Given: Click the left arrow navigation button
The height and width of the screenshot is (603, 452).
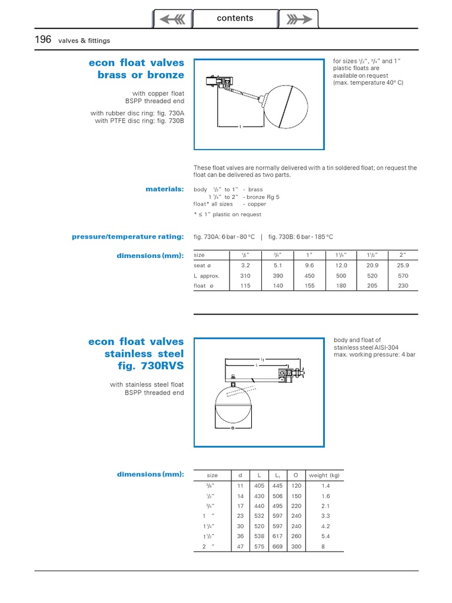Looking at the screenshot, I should coord(172,19).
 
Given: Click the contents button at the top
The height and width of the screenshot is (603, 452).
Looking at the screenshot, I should coord(235,18).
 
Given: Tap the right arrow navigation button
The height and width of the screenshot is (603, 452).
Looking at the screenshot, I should coord(298,19).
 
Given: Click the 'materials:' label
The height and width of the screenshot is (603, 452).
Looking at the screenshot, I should coord(165,189).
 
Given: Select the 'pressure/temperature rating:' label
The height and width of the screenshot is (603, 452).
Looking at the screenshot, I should coord(128,237).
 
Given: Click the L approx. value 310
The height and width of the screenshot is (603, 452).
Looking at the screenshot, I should coord(245,276).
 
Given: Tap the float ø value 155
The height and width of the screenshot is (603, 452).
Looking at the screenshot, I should coord(310,286).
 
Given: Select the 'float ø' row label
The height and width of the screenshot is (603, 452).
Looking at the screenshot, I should coord(200,286).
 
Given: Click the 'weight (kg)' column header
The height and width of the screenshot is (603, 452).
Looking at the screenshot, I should coord(324,475).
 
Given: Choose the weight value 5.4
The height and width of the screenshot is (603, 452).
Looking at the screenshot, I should coord(325,536).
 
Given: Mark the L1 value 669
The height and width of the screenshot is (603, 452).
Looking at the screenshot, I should coord(277,546).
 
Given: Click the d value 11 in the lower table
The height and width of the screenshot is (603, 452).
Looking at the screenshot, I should coord(240,486).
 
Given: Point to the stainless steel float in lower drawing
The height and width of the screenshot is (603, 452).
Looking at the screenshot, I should coord(233,406).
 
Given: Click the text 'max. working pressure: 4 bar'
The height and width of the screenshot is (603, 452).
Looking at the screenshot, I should coord(374,355).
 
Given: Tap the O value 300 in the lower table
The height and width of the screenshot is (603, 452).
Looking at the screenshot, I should coord(296,546).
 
